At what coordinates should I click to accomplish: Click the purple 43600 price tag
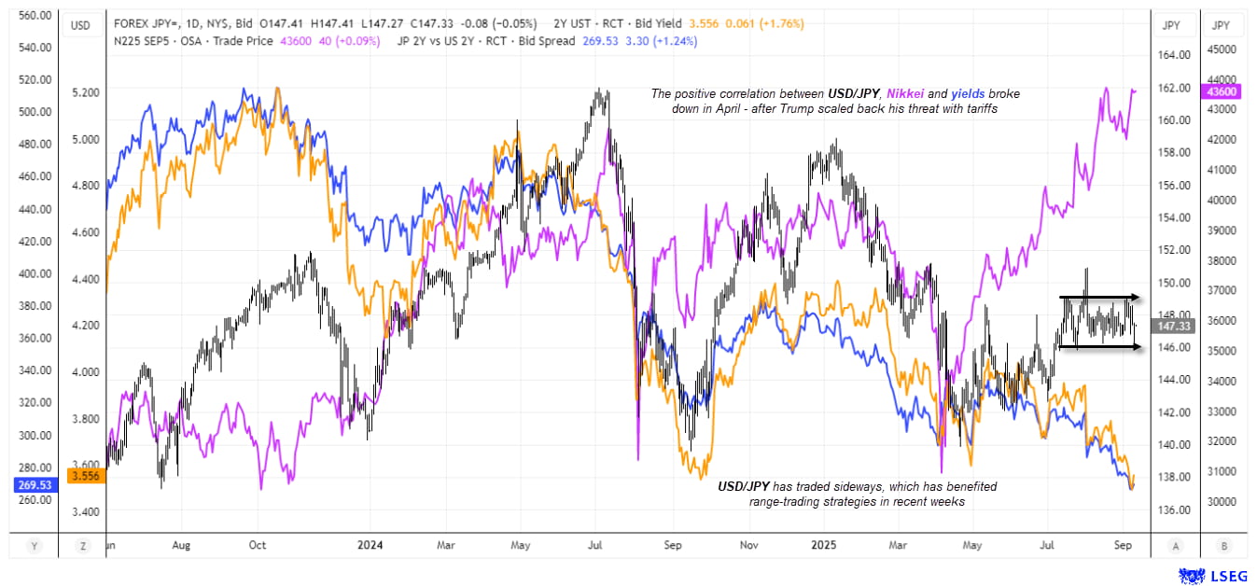(1222, 91)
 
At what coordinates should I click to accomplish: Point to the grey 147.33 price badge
(1172, 326)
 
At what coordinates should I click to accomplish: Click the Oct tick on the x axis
(258, 545)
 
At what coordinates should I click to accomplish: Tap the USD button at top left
(80, 25)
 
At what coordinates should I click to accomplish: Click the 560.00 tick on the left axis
(35, 16)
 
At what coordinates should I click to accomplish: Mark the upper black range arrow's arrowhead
(1138, 298)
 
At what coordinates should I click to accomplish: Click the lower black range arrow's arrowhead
(1138, 347)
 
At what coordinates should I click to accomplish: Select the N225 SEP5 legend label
(142, 42)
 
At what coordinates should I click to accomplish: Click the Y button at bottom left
(35, 545)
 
